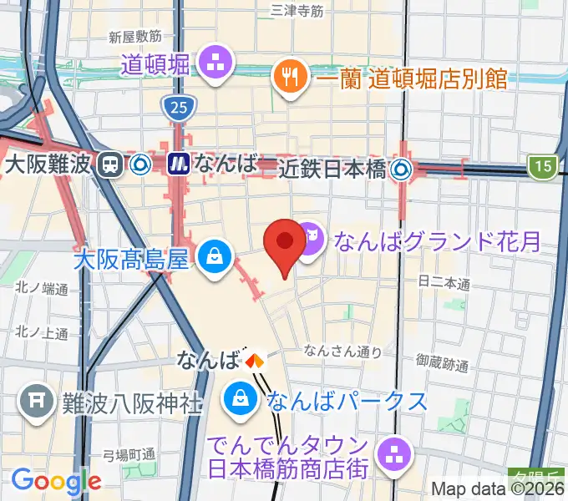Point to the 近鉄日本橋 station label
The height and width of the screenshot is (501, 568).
332,170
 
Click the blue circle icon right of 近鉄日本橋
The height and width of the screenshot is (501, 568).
403,170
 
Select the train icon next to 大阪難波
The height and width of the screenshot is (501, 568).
109,164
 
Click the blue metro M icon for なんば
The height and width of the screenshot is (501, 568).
178,164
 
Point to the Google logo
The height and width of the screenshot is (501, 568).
56,480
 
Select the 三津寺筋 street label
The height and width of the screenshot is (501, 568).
297,11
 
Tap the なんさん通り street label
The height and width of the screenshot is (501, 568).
342,352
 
